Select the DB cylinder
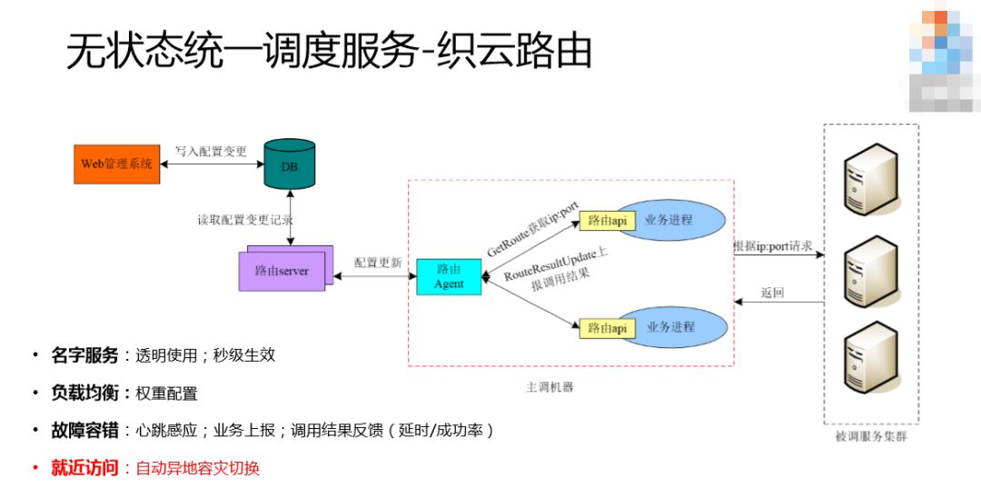[289, 164]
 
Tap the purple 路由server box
[282, 270]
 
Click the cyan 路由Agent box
[449, 277]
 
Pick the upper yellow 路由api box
[607, 220]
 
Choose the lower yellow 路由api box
[607, 328]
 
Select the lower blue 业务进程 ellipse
[672, 327]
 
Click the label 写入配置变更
[211, 152]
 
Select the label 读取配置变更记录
[245, 220]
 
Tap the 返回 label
[771, 294]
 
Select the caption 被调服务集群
[870, 437]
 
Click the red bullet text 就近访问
[84, 468]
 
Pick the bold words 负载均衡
[84, 393]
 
